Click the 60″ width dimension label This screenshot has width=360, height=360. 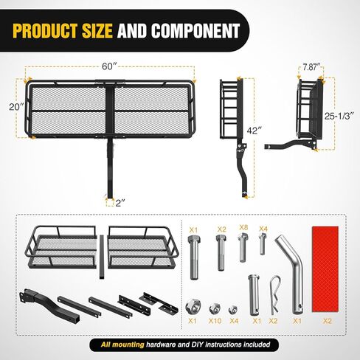click(x=109, y=66)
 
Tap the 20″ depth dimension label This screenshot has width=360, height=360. click(x=16, y=107)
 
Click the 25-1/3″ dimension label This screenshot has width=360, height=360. click(x=339, y=116)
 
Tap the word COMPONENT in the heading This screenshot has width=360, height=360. click(x=195, y=31)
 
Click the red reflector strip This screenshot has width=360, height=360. click(x=325, y=269)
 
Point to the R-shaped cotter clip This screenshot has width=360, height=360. click(x=275, y=295)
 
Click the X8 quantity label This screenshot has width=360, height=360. click(x=243, y=227)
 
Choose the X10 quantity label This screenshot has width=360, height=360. click(x=215, y=321)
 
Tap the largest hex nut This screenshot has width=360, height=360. click(x=193, y=306)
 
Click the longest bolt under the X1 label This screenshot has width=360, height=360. click(x=194, y=257)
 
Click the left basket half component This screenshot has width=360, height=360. click(x=61, y=247)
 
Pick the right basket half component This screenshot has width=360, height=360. click(x=143, y=247)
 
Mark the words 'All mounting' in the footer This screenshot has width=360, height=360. click(x=122, y=345)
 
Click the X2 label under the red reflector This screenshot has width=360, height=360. click(x=328, y=321)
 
